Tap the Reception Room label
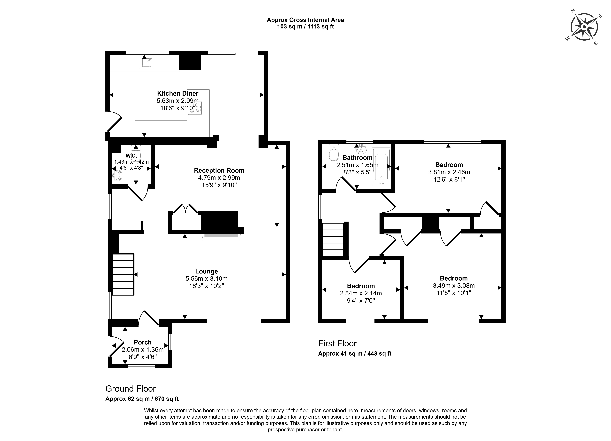coord(219,170)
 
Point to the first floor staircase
coord(333,239)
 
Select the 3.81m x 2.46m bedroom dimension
coord(449,172)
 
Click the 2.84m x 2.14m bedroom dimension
coord(361,293)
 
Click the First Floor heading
coord(337,343)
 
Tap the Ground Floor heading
coord(130,389)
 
